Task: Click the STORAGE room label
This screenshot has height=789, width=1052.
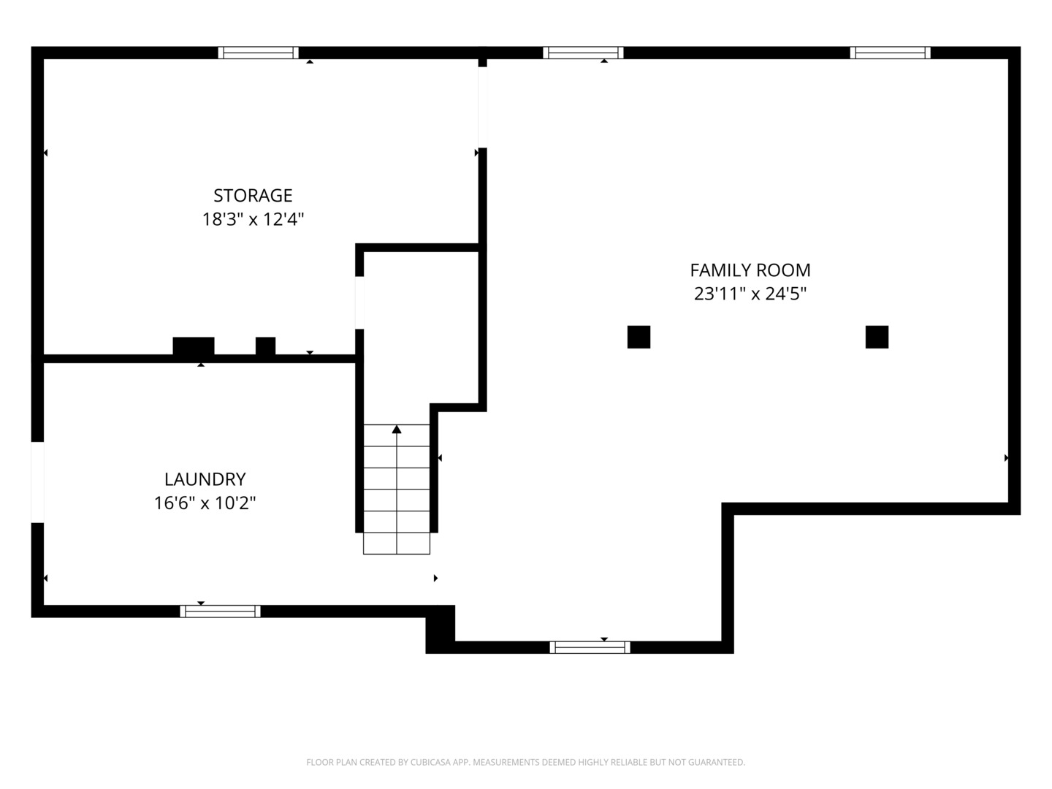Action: point(253,196)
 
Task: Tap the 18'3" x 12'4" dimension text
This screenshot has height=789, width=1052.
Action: point(253,219)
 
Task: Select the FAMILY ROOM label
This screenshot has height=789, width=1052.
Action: point(750,270)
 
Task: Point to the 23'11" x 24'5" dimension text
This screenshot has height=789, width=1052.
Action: point(750,294)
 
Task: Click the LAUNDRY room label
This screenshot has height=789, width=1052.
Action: point(205,479)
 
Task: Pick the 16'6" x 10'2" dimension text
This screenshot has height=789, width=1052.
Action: point(205,503)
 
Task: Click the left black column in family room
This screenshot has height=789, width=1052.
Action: point(639,337)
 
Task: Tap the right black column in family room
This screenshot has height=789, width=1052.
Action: point(877,337)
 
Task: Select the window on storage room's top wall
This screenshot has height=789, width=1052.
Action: point(259,53)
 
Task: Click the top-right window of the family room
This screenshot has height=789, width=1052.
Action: point(890,53)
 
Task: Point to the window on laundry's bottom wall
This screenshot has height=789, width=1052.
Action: point(220,611)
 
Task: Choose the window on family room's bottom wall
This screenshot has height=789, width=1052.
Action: point(590,647)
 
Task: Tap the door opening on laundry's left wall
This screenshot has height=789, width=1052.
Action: point(37,482)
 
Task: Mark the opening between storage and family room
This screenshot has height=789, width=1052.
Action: point(483,107)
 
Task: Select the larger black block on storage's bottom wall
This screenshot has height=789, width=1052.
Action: point(193,346)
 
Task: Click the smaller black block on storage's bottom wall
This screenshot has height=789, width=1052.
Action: point(265,346)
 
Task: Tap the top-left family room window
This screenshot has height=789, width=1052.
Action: point(583,53)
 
